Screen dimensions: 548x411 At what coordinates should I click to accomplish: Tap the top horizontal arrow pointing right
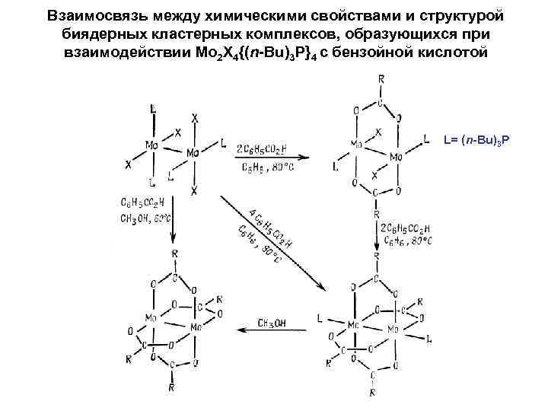(x=263, y=158)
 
